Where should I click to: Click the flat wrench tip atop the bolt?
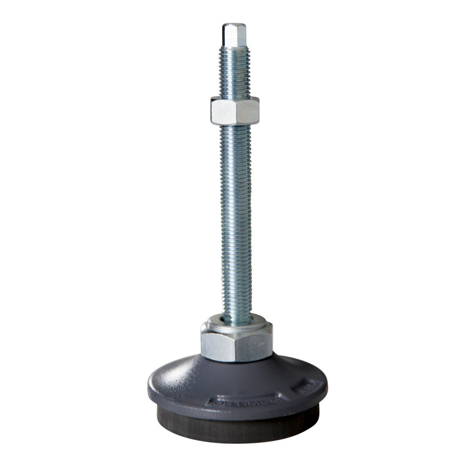coord(234,35)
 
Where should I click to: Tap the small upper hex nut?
coord(234,110)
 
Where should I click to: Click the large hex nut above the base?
coord(236,344)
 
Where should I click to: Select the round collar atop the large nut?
coord(236,322)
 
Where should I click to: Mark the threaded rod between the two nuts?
coord(235,218)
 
